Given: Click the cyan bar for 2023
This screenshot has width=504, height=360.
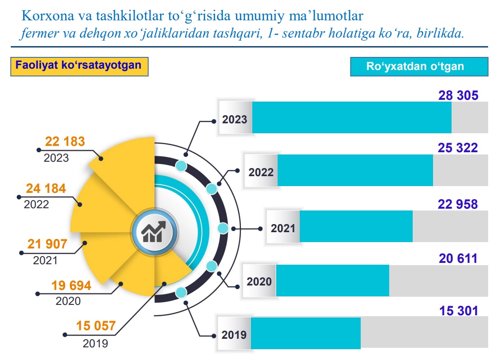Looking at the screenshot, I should pyautogui.click(x=352, y=117).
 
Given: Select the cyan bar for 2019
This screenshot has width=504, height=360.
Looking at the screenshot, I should pyautogui.click(x=306, y=333).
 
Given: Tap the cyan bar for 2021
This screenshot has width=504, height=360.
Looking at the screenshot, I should pyautogui.click(x=356, y=226).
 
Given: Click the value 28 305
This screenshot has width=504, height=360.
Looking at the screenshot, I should pyautogui.click(x=458, y=95).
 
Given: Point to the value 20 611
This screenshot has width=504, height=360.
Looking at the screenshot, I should pyautogui.click(x=458, y=258).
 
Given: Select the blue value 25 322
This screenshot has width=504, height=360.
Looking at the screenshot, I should pyautogui.click(x=457, y=148).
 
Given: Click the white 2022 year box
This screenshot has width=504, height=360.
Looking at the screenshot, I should pyautogui.click(x=261, y=172).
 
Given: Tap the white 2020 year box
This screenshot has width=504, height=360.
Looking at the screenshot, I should pyautogui.click(x=259, y=281).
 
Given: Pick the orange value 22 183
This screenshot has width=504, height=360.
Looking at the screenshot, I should pyautogui.click(x=65, y=141).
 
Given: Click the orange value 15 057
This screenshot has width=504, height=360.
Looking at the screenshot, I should pyautogui.click(x=96, y=325).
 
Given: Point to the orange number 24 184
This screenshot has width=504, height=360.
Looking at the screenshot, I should pyautogui.click(x=46, y=188).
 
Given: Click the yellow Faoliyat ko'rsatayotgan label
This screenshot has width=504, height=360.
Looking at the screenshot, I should pyautogui.click(x=79, y=65).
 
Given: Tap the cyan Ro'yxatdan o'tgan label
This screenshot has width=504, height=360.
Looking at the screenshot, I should pyautogui.click(x=415, y=66).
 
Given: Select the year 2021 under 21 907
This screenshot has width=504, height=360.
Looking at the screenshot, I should pyautogui.click(x=45, y=261).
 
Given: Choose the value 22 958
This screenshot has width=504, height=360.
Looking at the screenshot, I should pyautogui.click(x=457, y=204).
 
